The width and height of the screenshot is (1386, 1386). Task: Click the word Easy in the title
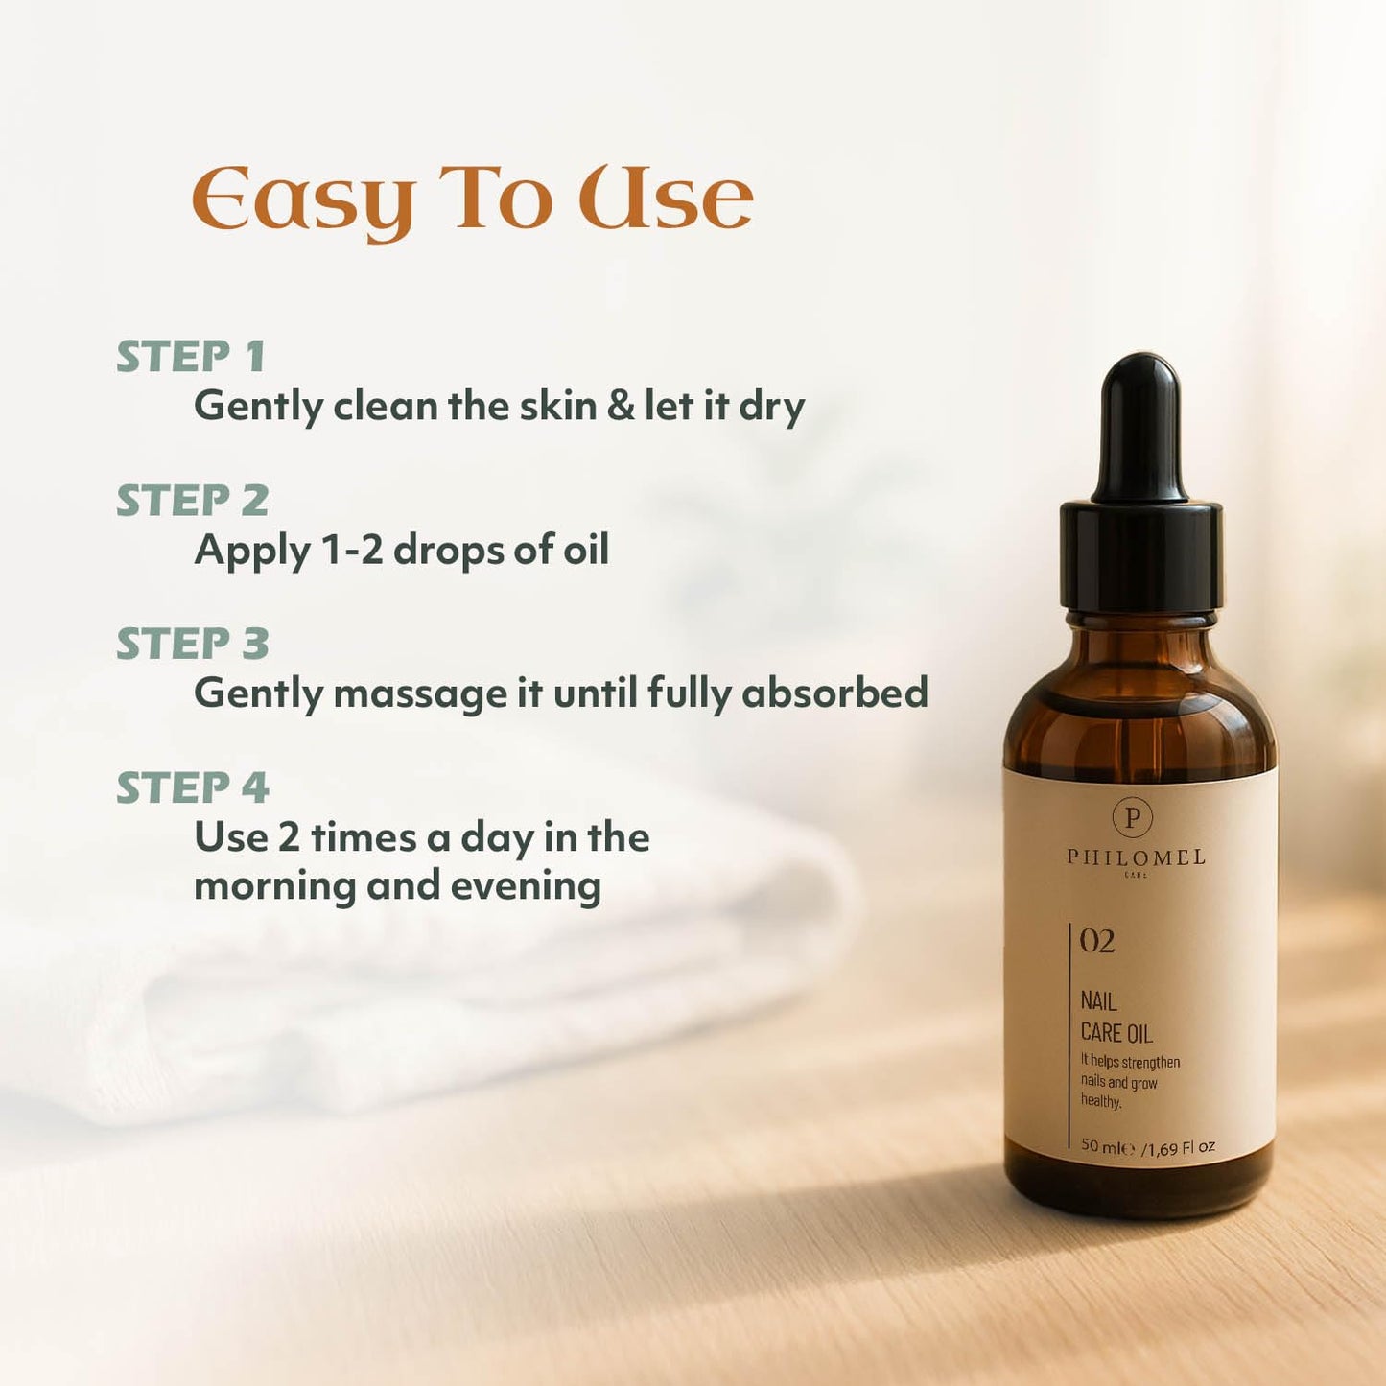coord(303,200)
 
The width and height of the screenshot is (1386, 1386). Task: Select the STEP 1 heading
coord(191,357)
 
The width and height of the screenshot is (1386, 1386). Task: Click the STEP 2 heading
coord(192,501)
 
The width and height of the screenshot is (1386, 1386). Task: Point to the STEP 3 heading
coord(192,644)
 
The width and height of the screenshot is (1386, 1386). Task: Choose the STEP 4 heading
coord(192,788)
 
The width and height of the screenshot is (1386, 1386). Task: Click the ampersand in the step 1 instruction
coord(621,405)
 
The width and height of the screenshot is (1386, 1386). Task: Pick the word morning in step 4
coord(275,886)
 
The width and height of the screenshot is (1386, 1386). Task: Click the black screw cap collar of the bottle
coord(1140,556)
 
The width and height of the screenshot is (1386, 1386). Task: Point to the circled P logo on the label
coord(1133,817)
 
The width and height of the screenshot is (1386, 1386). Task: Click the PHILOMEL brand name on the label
coord(1136,857)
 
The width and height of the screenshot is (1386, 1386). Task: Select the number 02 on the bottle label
coord(1097,942)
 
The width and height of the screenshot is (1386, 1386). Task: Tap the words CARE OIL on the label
coord(1116,1033)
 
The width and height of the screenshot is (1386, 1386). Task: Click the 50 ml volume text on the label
coord(1107,1146)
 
